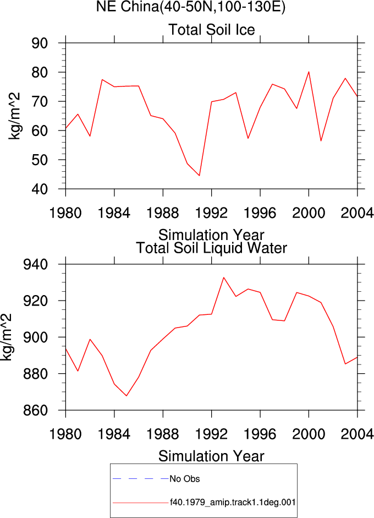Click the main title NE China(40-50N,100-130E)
click(190, 7)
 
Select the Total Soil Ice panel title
click(212, 30)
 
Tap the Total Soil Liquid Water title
click(212, 248)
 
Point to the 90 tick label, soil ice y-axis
click(40, 43)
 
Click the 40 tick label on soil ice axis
click(40, 189)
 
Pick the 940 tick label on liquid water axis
click(35, 265)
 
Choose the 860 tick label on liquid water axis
click(35, 411)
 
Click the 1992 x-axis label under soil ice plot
click(212, 213)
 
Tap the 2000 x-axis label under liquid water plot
click(309, 434)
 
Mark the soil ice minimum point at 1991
click(200, 176)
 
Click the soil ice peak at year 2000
click(309, 72)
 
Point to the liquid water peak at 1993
click(223, 277)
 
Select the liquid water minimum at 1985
click(127, 396)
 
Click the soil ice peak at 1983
click(102, 80)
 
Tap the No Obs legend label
click(184, 479)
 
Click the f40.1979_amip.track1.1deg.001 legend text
click(233, 503)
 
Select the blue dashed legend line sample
click(141, 478)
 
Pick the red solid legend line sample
click(141, 503)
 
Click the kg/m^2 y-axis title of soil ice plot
click(14, 116)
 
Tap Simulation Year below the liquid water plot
click(211, 456)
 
